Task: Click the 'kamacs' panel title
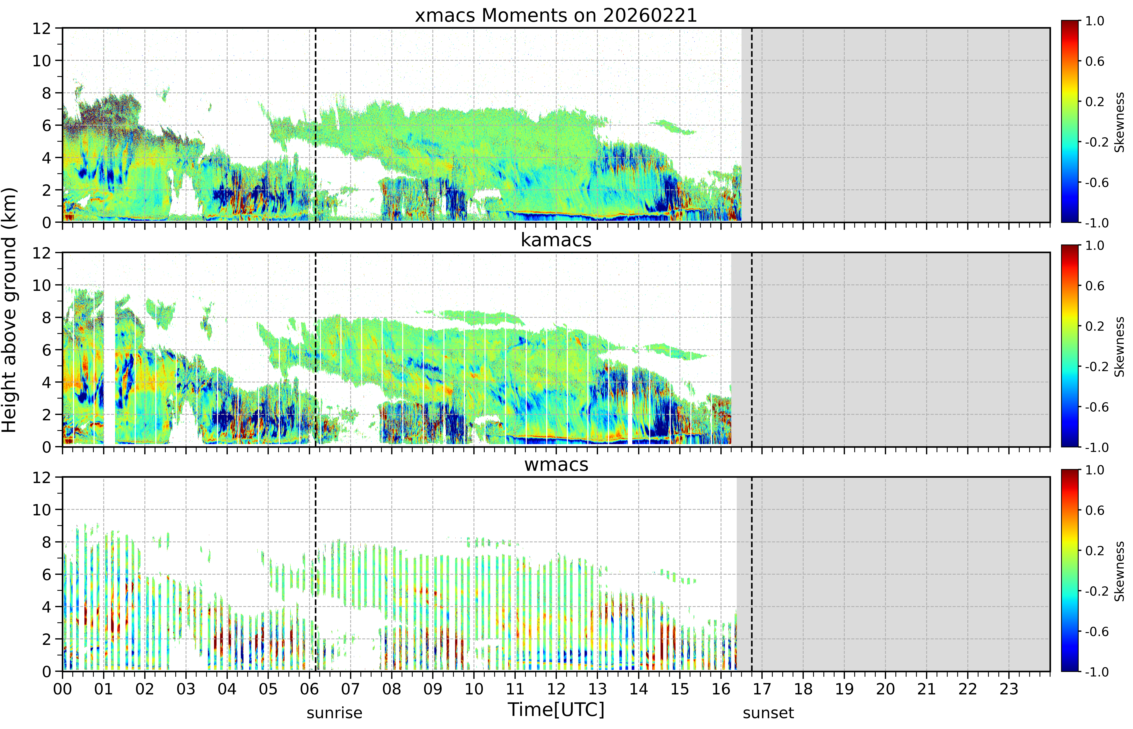tap(556, 240)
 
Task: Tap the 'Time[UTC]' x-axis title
tap(556, 710)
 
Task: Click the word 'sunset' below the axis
tap(768, 713)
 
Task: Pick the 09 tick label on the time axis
tap(433, 689)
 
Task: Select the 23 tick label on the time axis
tap(1008, 689)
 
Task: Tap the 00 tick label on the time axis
tap(62, 689)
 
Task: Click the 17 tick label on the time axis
tap(762, 689)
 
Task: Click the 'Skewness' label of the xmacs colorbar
tap(1119, 122)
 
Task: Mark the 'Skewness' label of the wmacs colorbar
tap(1119, 571)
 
